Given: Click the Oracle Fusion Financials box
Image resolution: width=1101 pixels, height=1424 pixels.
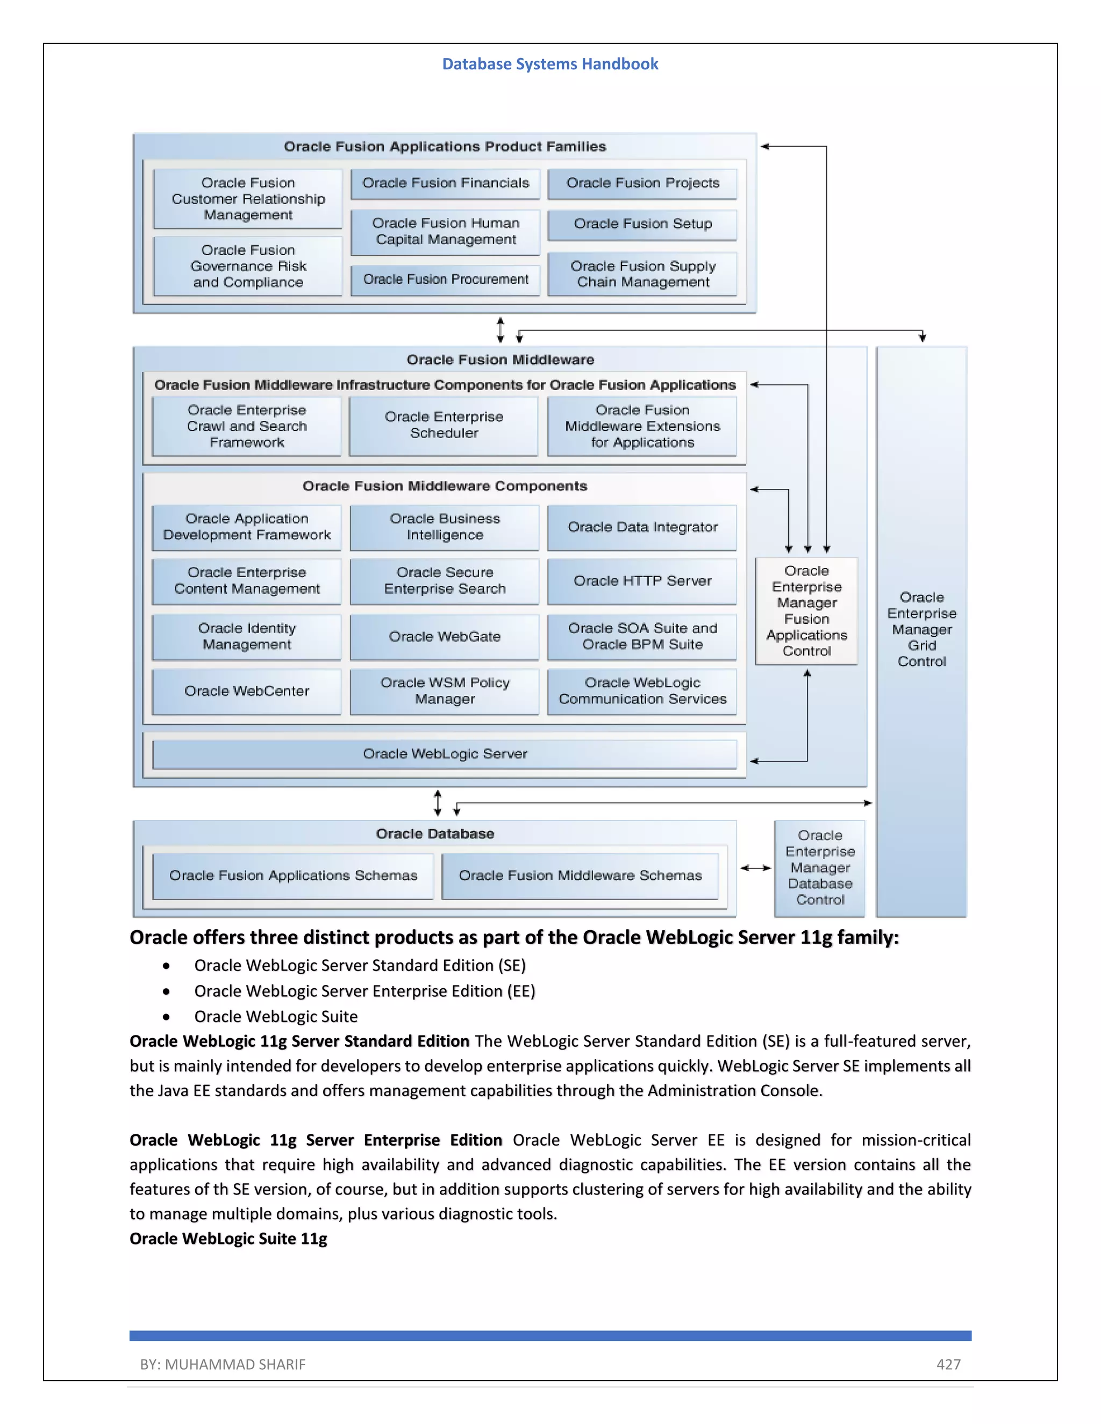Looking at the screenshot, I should click(446, 183).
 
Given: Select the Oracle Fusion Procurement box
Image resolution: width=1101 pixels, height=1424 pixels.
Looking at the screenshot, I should click(446, 280).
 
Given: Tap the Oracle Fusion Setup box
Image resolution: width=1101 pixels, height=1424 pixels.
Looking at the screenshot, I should click(642, 224).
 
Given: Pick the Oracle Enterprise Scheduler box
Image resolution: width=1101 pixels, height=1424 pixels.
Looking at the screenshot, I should click(444, 425).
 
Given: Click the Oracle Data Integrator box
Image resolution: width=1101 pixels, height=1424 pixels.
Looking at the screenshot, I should click(642, 528).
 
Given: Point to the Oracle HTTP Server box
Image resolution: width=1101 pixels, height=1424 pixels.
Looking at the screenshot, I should click(642, 581).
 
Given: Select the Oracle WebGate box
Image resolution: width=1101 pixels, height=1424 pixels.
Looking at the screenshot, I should click(445, 637).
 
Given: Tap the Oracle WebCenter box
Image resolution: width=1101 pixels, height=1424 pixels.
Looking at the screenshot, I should click(247, 691).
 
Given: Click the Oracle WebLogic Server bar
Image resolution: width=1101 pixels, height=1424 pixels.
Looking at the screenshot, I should click(445, 754).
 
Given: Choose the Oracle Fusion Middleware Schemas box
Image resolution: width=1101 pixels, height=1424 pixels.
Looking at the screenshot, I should click(580, 876).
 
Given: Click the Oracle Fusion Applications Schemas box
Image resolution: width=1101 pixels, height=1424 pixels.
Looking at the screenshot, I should click(293, 876).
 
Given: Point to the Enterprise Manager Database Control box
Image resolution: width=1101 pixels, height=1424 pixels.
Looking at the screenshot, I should click(820, 868).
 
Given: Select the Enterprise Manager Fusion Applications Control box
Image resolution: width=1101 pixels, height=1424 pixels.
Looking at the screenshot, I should click(806, 611).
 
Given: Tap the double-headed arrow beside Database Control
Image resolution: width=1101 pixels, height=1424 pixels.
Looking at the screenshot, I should click(756, 868).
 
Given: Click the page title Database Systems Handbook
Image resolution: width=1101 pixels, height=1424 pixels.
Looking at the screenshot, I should click(550, 64).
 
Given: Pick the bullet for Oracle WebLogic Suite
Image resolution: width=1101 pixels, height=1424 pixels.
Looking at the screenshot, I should click(167, 1017).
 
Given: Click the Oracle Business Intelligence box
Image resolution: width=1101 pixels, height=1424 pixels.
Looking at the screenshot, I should click(445, 528).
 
